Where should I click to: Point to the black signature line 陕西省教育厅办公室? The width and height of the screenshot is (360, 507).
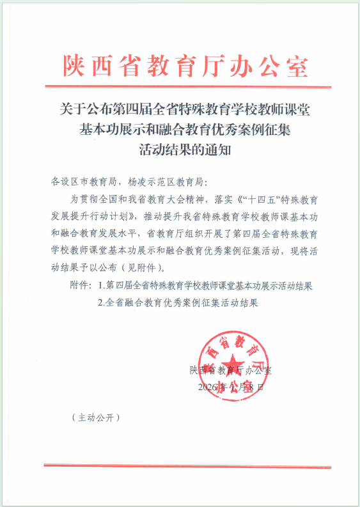tap(231, 370)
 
